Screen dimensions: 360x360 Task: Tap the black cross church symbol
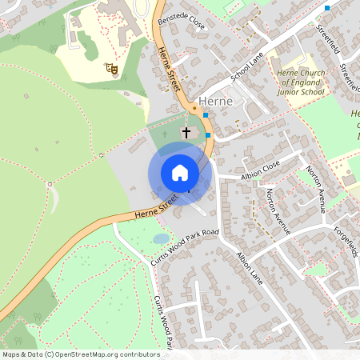click(x=187, y=131)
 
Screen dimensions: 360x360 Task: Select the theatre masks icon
click(x=113, y=70)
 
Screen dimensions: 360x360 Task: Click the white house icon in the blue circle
click(x=180, y=173)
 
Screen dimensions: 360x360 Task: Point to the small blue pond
click(x=161, y=238)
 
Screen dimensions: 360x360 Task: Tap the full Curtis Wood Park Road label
click(x=185, y=248)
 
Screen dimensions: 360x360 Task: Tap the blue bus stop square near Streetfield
click(x=327, y=7)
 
